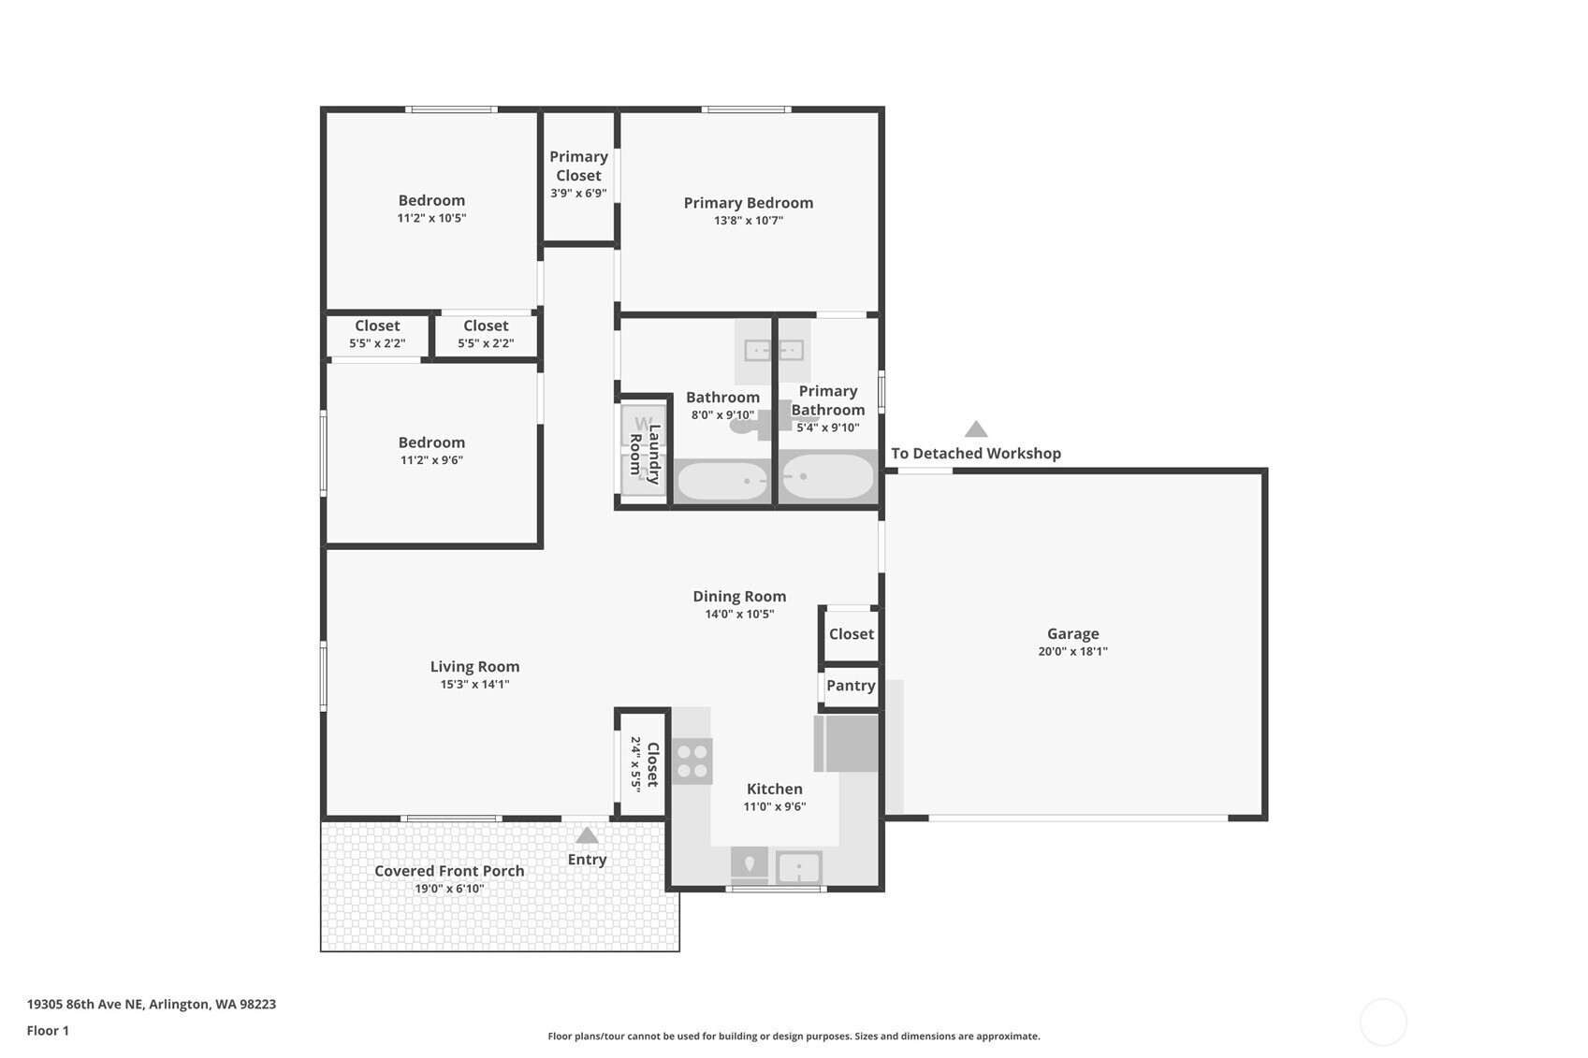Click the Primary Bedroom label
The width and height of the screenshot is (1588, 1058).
(x=748, y=203)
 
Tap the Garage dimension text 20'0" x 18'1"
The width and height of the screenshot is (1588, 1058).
(x=1072, y=651)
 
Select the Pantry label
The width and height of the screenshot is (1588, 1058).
(x=851, y=686)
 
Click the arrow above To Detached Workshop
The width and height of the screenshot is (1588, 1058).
(x=976, y=428)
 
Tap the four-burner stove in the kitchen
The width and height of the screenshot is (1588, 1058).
(x=692, y=761)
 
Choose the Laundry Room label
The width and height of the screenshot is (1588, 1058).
(x=645, y=455)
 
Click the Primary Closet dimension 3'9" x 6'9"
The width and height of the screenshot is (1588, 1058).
(x=578, y=193)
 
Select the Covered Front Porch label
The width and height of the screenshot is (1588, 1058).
(x=449, y=871)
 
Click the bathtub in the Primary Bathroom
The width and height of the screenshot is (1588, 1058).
(x=827, y=477)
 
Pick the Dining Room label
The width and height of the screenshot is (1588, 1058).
(x=739, y=596)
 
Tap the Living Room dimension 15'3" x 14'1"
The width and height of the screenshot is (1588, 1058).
(x=475, y=684)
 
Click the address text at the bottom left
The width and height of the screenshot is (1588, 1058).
(x=152, y=1004)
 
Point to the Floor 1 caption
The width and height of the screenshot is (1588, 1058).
(x=49, y=1030)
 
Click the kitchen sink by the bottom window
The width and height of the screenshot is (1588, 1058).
(x=799, y=866)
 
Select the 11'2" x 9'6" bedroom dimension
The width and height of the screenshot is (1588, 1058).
(x=431, y=460)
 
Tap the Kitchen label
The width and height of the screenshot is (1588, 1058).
(x=775, y=789)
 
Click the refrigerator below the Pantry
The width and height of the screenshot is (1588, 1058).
(x=846, y=743)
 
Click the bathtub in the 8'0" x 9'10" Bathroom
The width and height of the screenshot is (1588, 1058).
(x=722, y=481)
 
